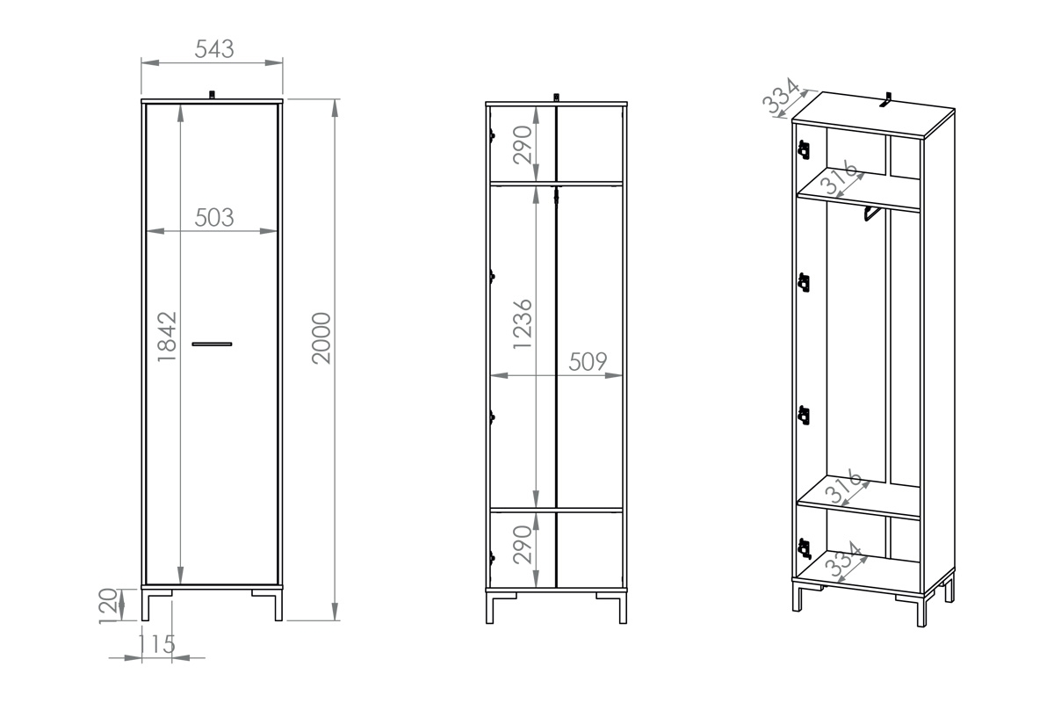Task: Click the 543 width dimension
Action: [214, 50]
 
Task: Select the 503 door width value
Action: [214, 218]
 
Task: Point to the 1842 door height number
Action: [168, 336]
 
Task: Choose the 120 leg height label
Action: [108, 605]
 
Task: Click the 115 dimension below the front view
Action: [156, 644]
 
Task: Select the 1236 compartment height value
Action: [523, 324]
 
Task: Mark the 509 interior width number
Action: [588, 362]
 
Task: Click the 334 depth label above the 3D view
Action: [782, 97]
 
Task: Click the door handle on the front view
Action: [212, 343]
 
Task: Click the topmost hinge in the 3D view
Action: [803, 150]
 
